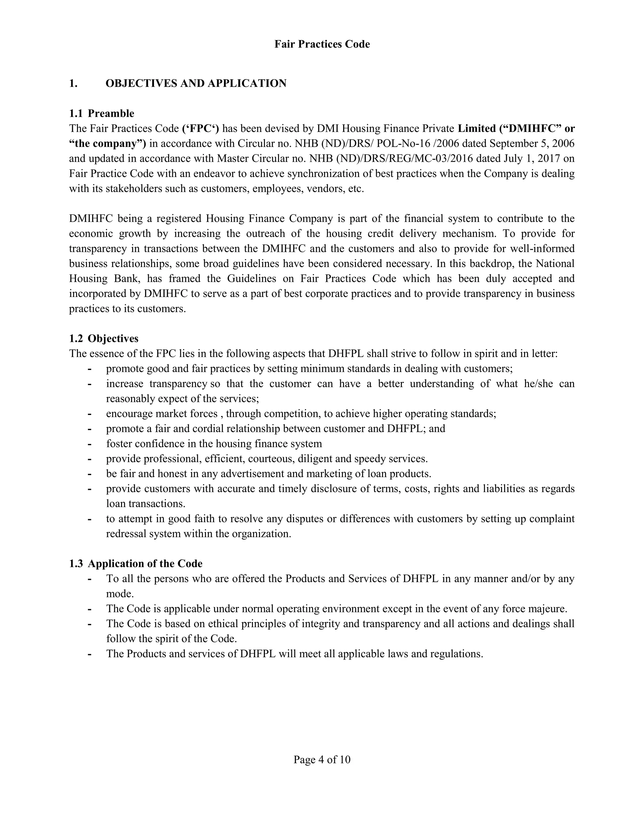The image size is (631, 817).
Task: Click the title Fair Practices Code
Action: click(322, 44)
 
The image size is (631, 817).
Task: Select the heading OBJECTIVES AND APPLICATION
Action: click(196, 84)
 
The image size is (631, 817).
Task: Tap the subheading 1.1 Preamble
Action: click(102, 113)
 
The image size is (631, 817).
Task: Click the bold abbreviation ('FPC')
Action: click(200, 129)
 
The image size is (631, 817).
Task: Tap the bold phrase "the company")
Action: click(108, 144)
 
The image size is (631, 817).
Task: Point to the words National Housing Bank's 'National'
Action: click(555, 264)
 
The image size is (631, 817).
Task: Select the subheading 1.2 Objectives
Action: click(104, 339)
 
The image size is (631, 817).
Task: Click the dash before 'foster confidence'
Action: click(89, 444)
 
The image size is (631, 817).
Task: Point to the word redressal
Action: click(126, 534)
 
